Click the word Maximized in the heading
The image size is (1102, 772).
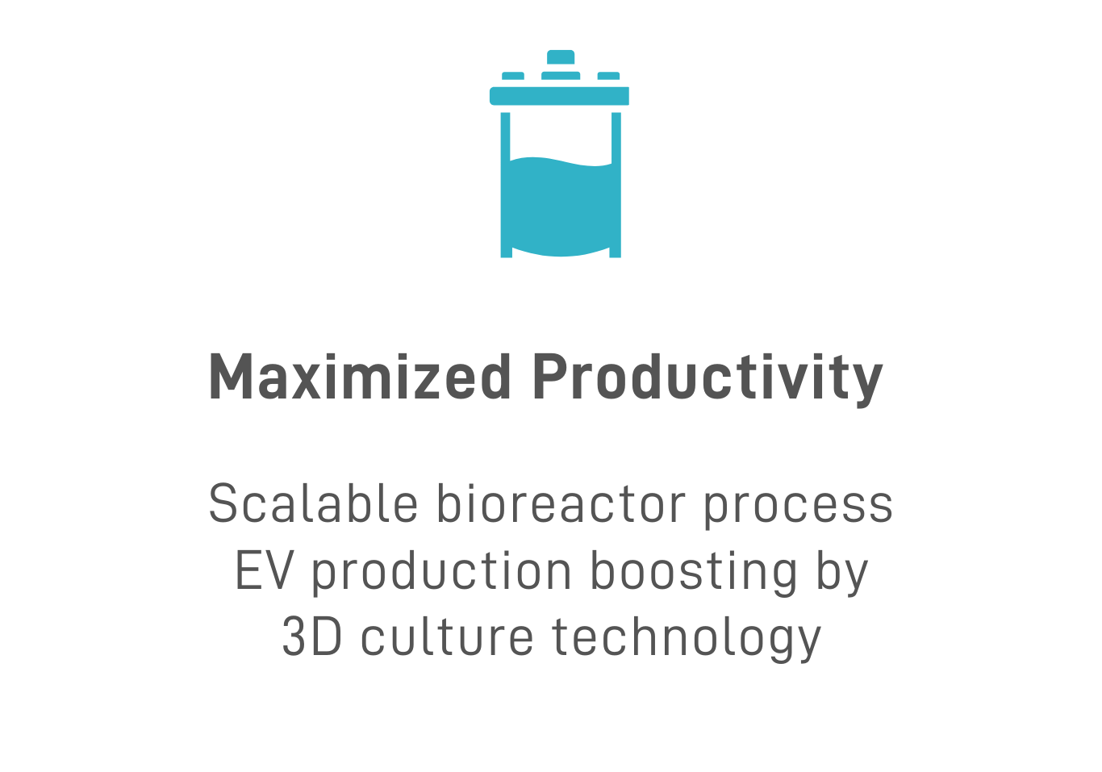pyautogui.click(x=360, y=377)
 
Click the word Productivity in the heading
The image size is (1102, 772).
pyautogui.click(x=708, y=380)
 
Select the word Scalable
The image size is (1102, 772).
pyautogui.click(x=313, y=503)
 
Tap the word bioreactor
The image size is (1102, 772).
pyautogui.click(x=561, y=503)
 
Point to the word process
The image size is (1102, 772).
pyautogui.click(x=799, y=507)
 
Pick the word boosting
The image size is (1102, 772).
pyautogui.click(x=694, y=574)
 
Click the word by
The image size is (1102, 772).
pyautogui.click(x=841, y=574)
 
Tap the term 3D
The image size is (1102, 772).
pyautogui.click(x=312, y=636)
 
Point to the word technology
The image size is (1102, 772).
pyautogui.click(x=687, y=639)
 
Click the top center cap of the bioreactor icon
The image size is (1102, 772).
pyautogui.click(x=561, y=57)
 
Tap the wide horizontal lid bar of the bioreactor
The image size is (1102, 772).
pyautogui.click(x=559, y=96)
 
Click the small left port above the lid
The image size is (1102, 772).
pyautogui.click(x=512, y=76)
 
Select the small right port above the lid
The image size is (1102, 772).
pyautogui.click(x=608, y=76)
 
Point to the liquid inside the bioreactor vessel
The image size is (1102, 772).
pyautogui.click(x=561, y=207)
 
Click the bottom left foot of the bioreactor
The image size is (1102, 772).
pyautogui.click(x=507, y=252)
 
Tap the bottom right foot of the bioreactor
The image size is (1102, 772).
pyautogui.click(x=616, y=252)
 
